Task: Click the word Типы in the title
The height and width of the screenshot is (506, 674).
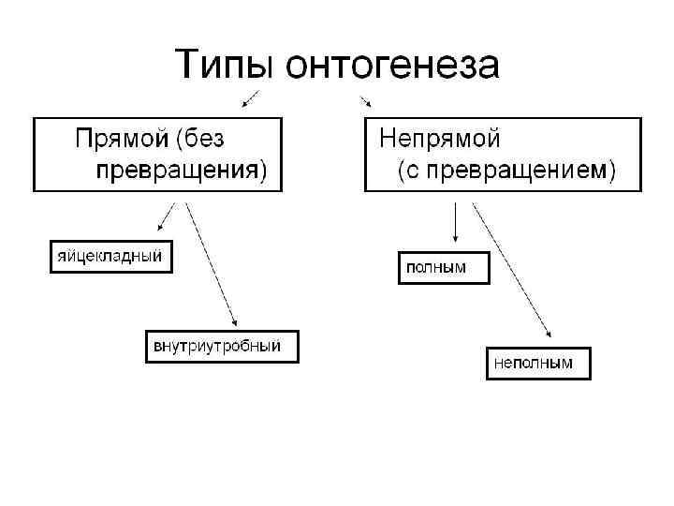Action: click(x=226, y=65)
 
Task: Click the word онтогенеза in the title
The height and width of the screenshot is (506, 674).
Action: click(x=393, y=65)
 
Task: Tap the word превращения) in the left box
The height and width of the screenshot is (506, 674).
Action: click(x=181, y=171)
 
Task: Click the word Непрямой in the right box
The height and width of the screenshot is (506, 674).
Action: click(x=439, y=139)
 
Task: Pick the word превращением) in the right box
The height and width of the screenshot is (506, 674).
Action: click(x=525, y=171)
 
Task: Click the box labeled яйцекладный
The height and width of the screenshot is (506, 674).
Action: click(x=111, y=256)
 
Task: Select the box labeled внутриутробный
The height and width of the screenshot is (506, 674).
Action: click(x=222, y=347)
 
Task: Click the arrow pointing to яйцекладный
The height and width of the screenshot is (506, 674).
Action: click(x=167, y=216)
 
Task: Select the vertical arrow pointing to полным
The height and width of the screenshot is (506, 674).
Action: click(x=454, y=221)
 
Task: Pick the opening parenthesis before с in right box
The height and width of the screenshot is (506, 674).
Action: click(x=401, y=171)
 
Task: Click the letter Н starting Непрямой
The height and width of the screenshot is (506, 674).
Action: click(x=386, y=139)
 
